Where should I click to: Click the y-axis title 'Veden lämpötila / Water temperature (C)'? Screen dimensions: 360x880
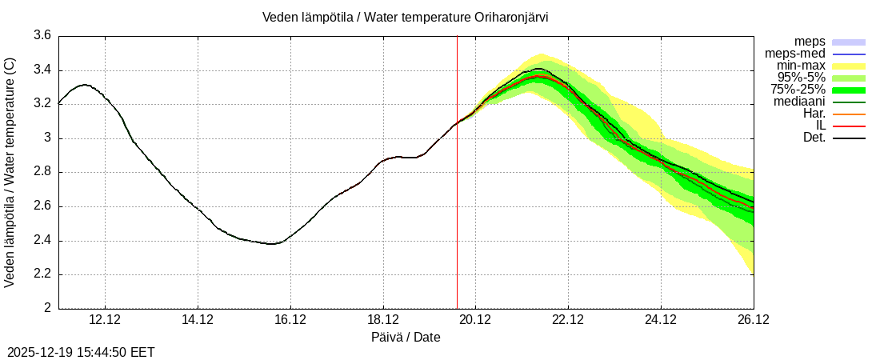pyautogui.click(x=10, y=172)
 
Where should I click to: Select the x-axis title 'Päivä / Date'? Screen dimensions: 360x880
pyautogui.click(x=406, y=337)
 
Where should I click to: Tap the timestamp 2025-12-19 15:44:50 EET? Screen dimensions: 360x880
pyautogui.click(x=81, y=352)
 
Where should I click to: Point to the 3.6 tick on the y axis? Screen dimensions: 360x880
pyautogui.click(x=42, y=36)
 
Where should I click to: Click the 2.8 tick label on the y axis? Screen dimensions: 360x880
pyautogui.click(x=42, y=172)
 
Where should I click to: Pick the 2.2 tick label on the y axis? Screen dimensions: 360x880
pyautogui.click(x=42, y=274)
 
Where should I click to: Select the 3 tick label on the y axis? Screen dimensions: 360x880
pyautogui.click(x=47, y=138)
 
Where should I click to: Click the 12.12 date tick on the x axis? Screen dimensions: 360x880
pyautogui.click(x=105, y=320)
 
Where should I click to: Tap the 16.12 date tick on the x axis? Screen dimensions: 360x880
pyautogui.click(x=290, y=320)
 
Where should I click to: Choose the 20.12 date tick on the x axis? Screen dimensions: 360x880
pyautogui.click(x=475, y=320)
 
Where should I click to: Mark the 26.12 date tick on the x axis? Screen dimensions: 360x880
pyautogui.click(x=754, y=320)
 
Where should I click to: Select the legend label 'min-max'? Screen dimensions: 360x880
pyautogui.click(x=801, y=66)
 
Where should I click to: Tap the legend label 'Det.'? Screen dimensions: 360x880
pyautogui.click(x=813, y=138)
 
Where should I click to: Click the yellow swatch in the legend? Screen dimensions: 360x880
pyautogui.click(x=849, y=66)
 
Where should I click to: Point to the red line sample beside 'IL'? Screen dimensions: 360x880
pyautogui.click(x=849, y=126)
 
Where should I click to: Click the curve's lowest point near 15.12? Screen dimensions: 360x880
pyautogui.click(x=272, y=243)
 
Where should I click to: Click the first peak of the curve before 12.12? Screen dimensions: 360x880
pyautogui.click(x=84, y=84)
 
